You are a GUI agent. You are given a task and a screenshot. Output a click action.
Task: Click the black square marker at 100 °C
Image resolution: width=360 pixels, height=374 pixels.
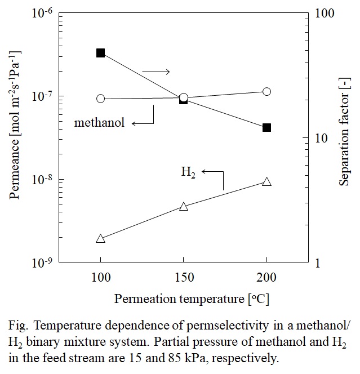(x=101, y=53)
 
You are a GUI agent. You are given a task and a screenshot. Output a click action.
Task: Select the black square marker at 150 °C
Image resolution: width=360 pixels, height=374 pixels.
(x=183, y=100)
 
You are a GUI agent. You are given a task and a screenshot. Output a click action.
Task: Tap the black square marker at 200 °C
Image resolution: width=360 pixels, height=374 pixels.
(x=266, y=127)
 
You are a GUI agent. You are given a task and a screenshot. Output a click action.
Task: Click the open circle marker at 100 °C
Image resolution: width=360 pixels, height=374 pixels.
(x=101, y=99)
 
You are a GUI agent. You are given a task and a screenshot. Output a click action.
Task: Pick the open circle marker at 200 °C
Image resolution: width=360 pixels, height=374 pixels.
(x=266, y=91)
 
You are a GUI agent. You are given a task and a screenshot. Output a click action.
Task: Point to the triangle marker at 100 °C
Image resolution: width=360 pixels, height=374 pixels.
(x=101, y=239)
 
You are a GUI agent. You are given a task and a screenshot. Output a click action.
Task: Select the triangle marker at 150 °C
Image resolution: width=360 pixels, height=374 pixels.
(x=183, y=207)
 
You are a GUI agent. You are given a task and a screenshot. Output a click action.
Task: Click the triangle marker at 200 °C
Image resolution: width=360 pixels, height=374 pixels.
(x=266, y=181)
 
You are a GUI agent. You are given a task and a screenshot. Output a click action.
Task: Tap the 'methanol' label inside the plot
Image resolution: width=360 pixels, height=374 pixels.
(x=99, y=122)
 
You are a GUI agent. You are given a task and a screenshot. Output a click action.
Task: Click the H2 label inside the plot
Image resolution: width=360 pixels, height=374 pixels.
(x=188, y=172)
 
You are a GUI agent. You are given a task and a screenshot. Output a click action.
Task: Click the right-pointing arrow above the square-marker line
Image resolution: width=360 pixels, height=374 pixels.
(x=155, y=72)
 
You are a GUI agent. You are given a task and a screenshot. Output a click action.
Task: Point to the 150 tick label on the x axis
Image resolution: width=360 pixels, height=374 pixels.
(x=184, y=278)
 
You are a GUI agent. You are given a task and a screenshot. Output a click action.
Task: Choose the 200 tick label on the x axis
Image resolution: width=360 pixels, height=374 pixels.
(x=266, y=278)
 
